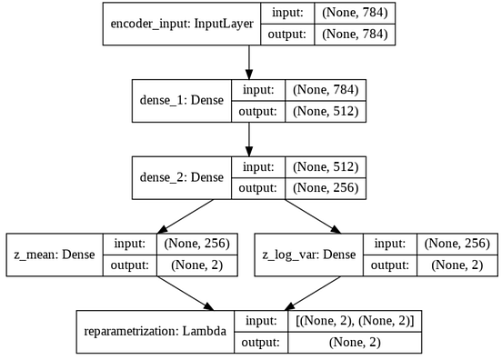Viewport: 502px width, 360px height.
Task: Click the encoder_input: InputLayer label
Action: click(181, 25)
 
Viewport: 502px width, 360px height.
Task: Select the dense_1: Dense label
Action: click(181, 101)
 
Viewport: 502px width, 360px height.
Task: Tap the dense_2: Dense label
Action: click(181, 178)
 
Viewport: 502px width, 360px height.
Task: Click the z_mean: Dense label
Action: click(53, 255)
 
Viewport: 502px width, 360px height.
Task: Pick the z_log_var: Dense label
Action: click(310, 255)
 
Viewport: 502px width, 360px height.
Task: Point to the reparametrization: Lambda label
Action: click(156, 332)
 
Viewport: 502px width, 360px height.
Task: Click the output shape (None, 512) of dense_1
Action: click(326, 112)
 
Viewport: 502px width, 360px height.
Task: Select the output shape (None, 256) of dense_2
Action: click(326, 189)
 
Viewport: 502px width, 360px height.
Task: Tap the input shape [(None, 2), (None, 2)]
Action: click(355, 321)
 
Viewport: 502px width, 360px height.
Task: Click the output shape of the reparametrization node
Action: click(355, 343)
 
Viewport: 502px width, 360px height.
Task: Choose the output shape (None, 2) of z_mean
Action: click(197, 265)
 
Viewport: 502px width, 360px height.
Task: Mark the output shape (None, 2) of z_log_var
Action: click(457, 265)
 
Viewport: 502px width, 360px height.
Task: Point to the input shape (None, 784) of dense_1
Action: click(326, 90)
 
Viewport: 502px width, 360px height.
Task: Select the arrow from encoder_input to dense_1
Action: click(249, 62)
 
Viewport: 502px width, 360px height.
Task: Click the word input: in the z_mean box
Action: click(127, 244)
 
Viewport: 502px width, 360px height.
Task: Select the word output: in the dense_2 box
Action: click(257, 189)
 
